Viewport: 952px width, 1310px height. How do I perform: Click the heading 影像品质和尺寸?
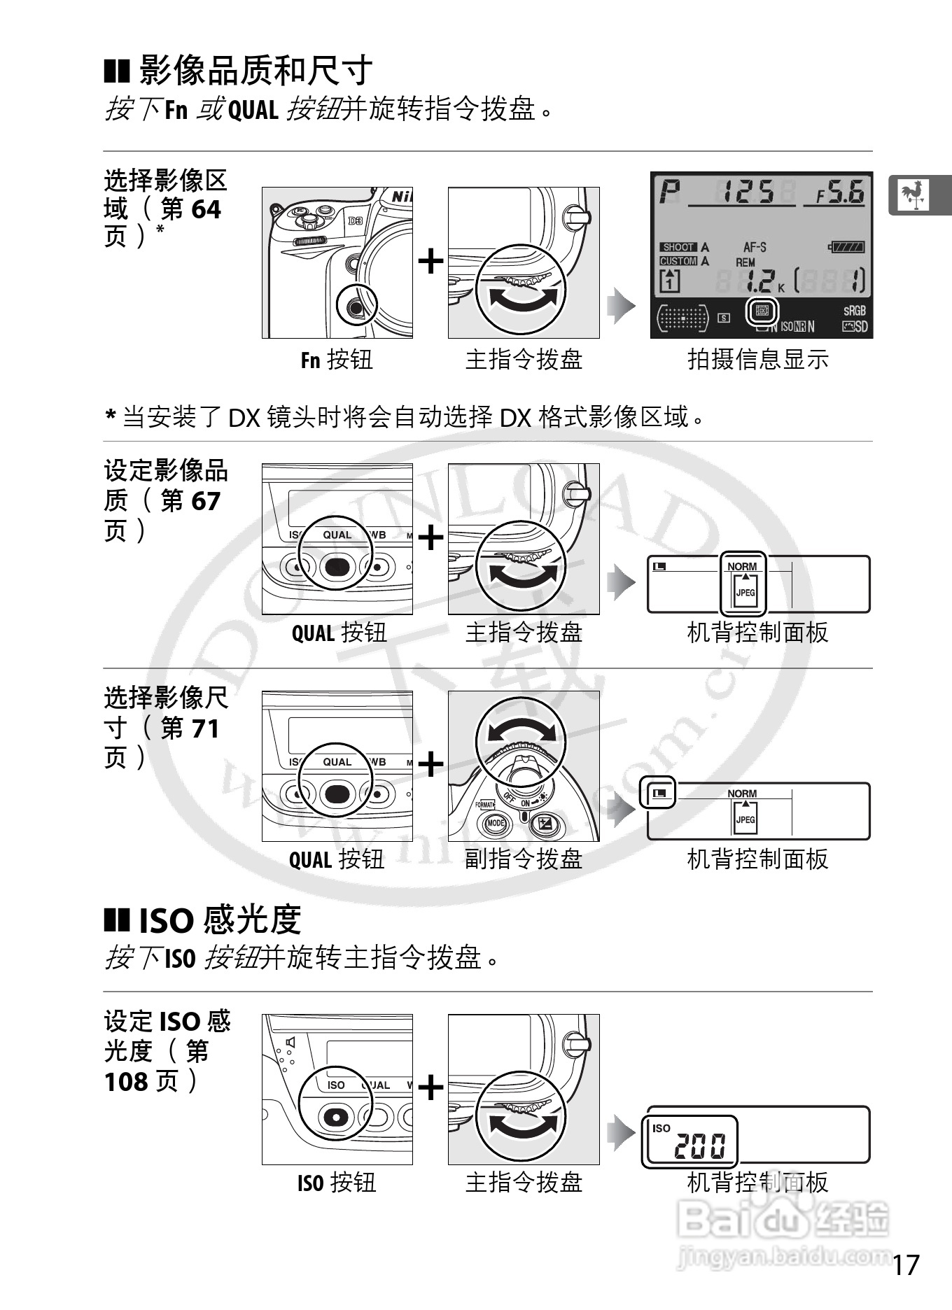[x=255, y=70]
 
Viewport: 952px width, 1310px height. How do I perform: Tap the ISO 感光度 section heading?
[x=219, y=920]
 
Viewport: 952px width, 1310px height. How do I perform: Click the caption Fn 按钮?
[x=337, y=360]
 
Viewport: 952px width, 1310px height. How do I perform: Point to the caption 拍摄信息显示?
[x=758, y=360]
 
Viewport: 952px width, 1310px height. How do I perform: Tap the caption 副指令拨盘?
[x=524, y=859]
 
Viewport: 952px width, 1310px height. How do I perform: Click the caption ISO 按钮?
[x=337, y=1183]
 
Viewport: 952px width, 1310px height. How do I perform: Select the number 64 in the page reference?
[x=206, y=209]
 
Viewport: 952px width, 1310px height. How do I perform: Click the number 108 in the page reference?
[x=125, y=1082]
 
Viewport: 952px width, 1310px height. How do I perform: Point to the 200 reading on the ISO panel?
[x=700, y=1146]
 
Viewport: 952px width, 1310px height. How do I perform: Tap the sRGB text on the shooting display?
[x=854, y=311]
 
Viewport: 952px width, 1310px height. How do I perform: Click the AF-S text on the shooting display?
[x=755, y=247]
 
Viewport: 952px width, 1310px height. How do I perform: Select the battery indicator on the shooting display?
[x=847, y=247]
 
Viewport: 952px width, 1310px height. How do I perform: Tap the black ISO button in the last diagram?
[x=336, y=1117]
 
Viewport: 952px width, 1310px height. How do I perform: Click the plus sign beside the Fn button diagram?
[x=430, y=262]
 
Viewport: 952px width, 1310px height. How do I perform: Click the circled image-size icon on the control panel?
[x=659, y=793]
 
